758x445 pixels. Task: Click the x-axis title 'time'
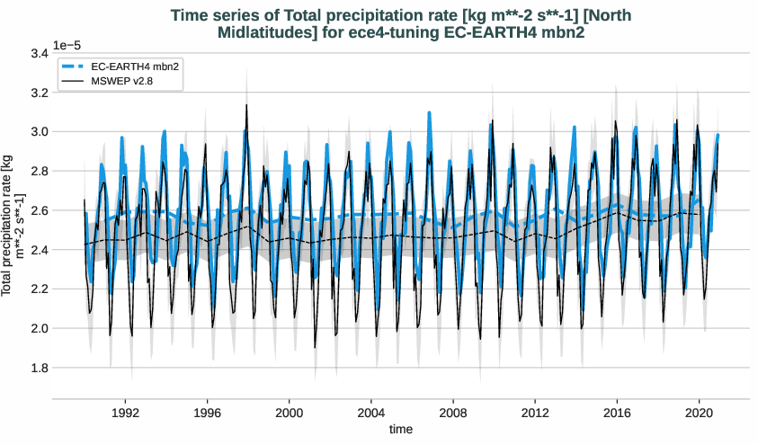coord(401,430)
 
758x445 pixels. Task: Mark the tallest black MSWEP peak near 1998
coord(246,105)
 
